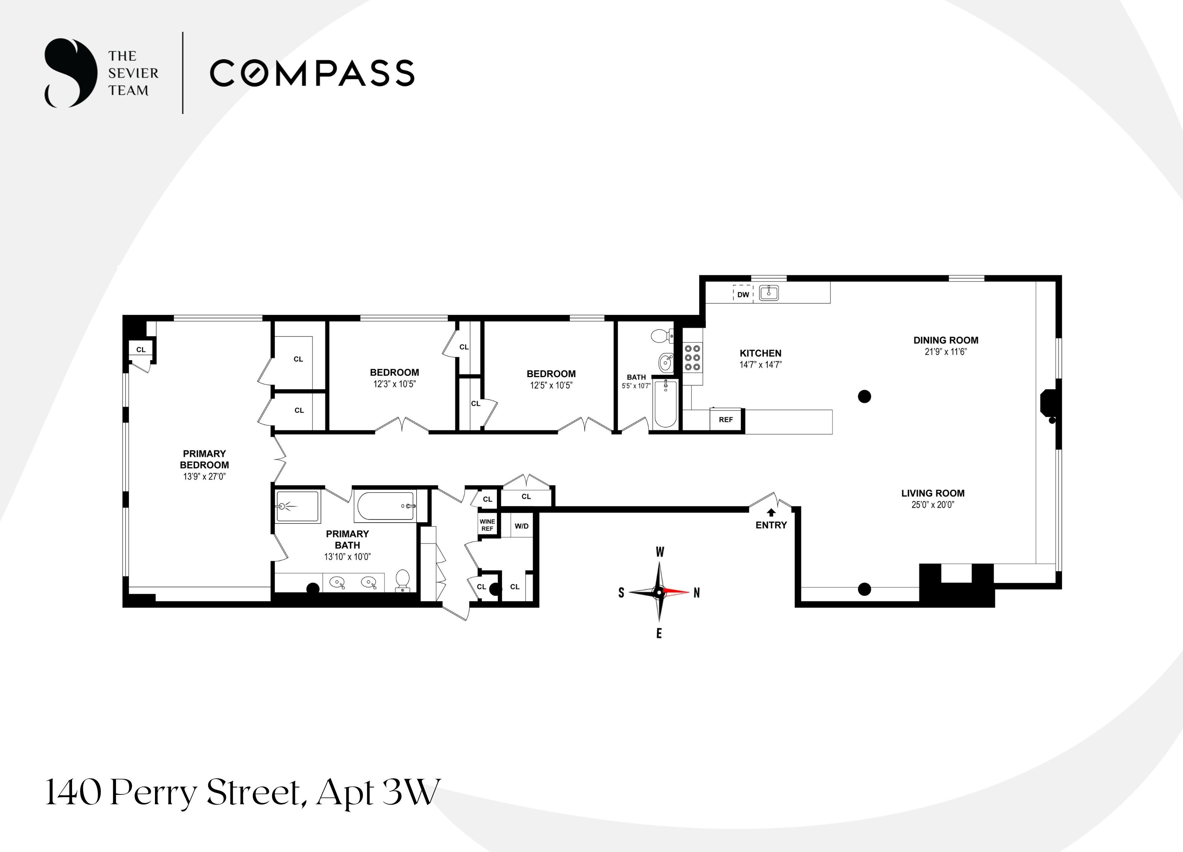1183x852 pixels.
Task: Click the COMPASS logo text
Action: coord(312,73)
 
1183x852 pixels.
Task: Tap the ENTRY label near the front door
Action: coord(771,525)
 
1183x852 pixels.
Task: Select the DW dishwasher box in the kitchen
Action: coord(743,294)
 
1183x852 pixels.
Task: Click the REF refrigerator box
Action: coord(726,419)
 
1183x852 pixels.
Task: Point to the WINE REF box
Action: coord(487,525)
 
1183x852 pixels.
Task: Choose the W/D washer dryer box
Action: coord(522,526)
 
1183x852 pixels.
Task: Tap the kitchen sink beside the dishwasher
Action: coord(768,293)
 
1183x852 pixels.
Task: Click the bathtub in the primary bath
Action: coord(385,506)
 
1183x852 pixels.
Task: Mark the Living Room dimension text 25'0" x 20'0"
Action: coord(933,504)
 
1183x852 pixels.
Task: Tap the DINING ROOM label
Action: coord(946,340)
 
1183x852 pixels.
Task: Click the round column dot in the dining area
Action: coord(864,396)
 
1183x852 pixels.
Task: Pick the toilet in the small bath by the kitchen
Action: coord(662,336)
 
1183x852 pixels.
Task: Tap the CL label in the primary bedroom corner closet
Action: coord(141,349)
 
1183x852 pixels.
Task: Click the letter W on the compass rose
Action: coord(659,552)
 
